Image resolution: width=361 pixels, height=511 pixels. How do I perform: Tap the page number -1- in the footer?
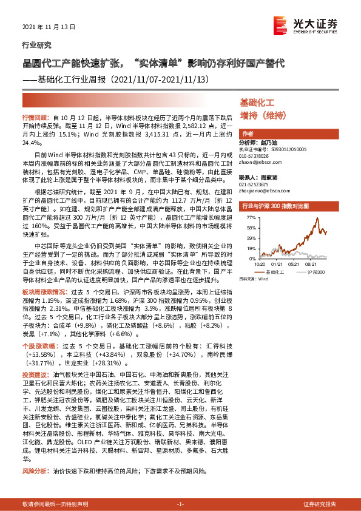180,504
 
